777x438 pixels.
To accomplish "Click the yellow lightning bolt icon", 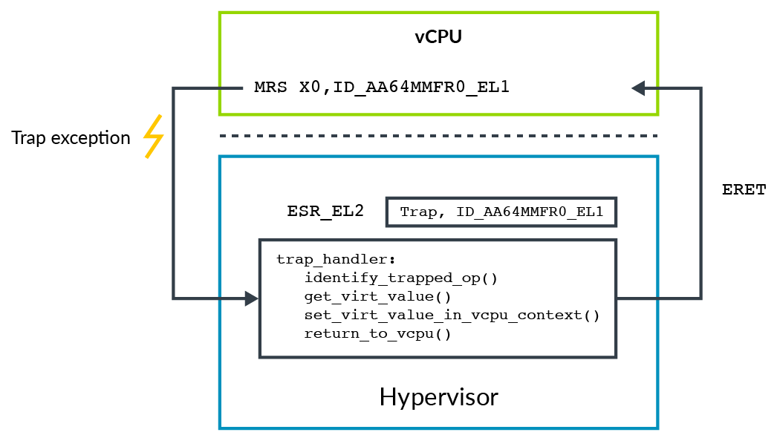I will coord(153,137).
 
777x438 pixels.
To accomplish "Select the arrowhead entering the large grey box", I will coord(252,298).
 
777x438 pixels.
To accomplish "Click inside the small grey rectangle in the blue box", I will coord(501,212).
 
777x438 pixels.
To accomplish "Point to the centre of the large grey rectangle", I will coord(438,298).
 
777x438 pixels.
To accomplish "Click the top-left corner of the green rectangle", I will coord(220,13).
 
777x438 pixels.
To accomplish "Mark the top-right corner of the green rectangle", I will coord(657,13).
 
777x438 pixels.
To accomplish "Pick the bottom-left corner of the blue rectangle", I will coord(220,428).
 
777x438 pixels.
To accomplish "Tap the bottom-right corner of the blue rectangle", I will coord(657,428).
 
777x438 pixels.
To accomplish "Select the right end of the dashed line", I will coord(657,136).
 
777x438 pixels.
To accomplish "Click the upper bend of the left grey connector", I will coord(173,88).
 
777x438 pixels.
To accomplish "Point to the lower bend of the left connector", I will coord(173,298).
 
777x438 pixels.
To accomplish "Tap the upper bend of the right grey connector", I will coord(700,88).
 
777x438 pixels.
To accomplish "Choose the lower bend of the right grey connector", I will coord(700,298).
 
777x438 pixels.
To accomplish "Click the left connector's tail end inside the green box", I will coord(242,88).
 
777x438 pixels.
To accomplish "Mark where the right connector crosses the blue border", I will coord(657,298).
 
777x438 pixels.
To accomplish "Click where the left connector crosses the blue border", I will coord(220,298).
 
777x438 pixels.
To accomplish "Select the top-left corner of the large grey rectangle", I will coord(260,241).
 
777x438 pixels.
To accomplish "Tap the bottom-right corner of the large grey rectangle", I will coord(617,357).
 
